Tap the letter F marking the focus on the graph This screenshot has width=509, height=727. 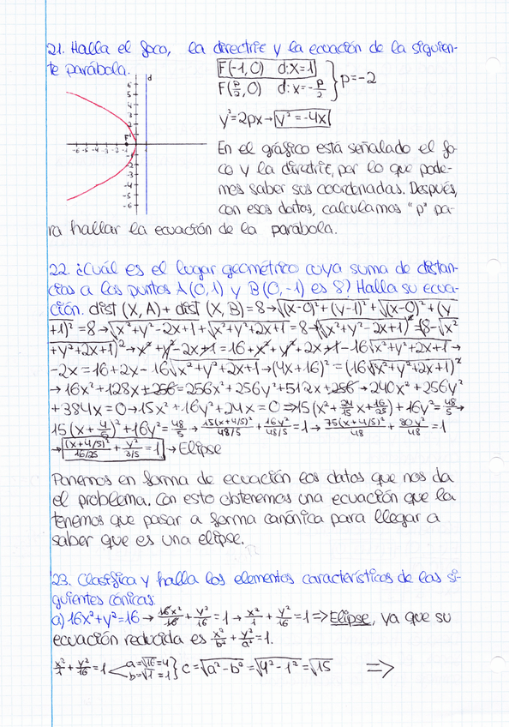click(x=127, y=138)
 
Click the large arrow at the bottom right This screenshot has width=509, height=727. click(x=376, y=666)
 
